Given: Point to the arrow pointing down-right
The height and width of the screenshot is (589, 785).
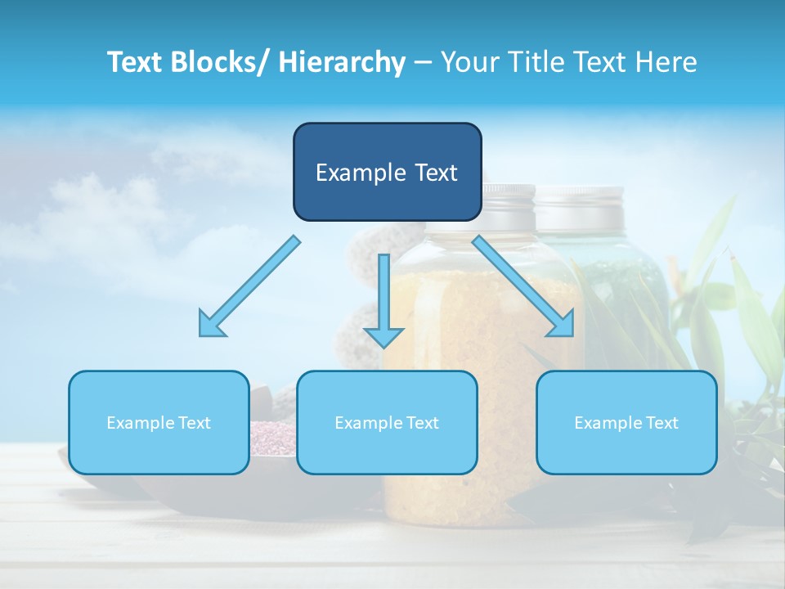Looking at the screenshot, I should pyautogui.click(x=523, y=286).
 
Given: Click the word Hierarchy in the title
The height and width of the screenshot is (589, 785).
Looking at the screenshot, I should pyautogui.click(x=341, y=62).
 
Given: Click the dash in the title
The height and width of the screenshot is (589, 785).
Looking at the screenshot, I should pyautogui.click(x=423, y=63).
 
